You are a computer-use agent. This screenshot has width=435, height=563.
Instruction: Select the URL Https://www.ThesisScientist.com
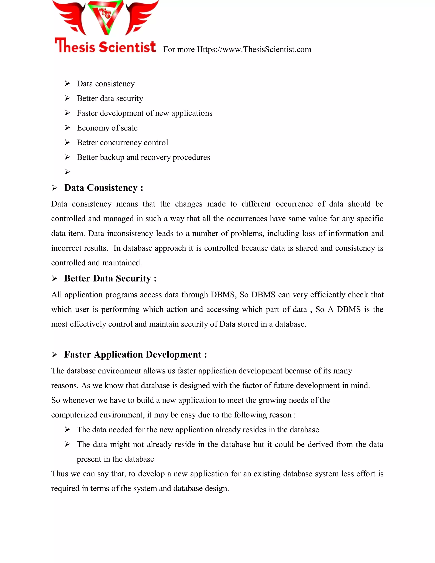[254, 49]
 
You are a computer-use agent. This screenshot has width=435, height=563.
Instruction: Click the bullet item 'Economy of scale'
[107, 128]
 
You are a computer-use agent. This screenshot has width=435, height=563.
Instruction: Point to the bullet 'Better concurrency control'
[122, 143]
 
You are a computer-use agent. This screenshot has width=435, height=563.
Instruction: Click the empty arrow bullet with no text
[67, 172]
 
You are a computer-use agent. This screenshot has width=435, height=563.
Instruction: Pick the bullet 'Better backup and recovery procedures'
[143, 157]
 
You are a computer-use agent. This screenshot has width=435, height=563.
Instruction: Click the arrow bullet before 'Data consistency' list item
[67, 83]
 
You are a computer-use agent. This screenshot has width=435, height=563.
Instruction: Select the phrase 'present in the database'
[115, 459]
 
